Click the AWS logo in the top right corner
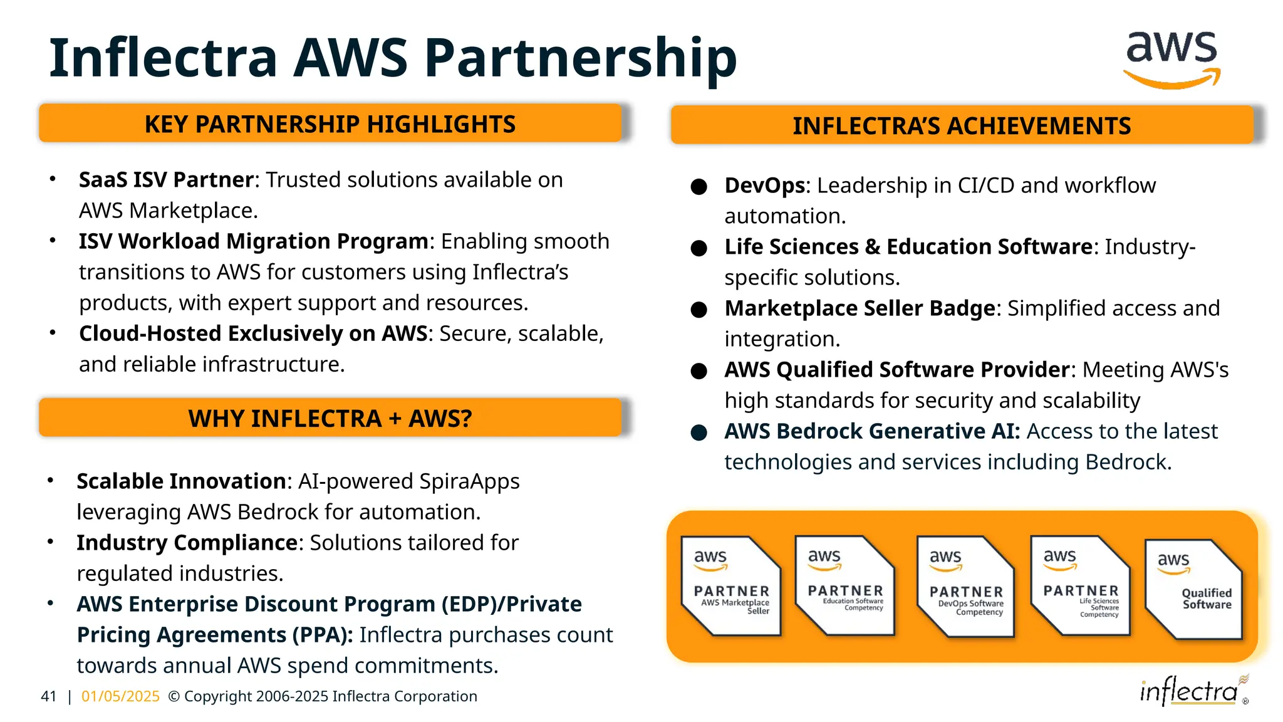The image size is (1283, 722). point(1171,59)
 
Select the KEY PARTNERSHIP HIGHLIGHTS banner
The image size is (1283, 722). point(330,123)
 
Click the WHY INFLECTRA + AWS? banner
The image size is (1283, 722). point(330,418)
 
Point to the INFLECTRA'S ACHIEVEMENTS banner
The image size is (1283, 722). point(962,125)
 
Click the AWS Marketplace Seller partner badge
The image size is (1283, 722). point(731,586)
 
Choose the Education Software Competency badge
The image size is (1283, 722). point(845,585)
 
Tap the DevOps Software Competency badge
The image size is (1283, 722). point(965,587)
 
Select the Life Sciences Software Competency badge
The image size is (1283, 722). point(1081,585)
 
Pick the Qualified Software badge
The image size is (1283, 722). point(1193,589)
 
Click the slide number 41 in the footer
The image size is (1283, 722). point(48,696)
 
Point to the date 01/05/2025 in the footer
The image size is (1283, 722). point(120,696)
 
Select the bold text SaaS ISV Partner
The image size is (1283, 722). point(166,180)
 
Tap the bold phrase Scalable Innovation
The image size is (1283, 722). point(181,481)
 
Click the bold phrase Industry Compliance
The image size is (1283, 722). point(187,543)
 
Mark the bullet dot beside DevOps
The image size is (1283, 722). point(699,187)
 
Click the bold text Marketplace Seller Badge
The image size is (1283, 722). point(860,308)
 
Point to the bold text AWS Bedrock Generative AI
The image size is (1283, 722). point(872,431)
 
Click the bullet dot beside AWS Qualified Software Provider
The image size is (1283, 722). point(699,371)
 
